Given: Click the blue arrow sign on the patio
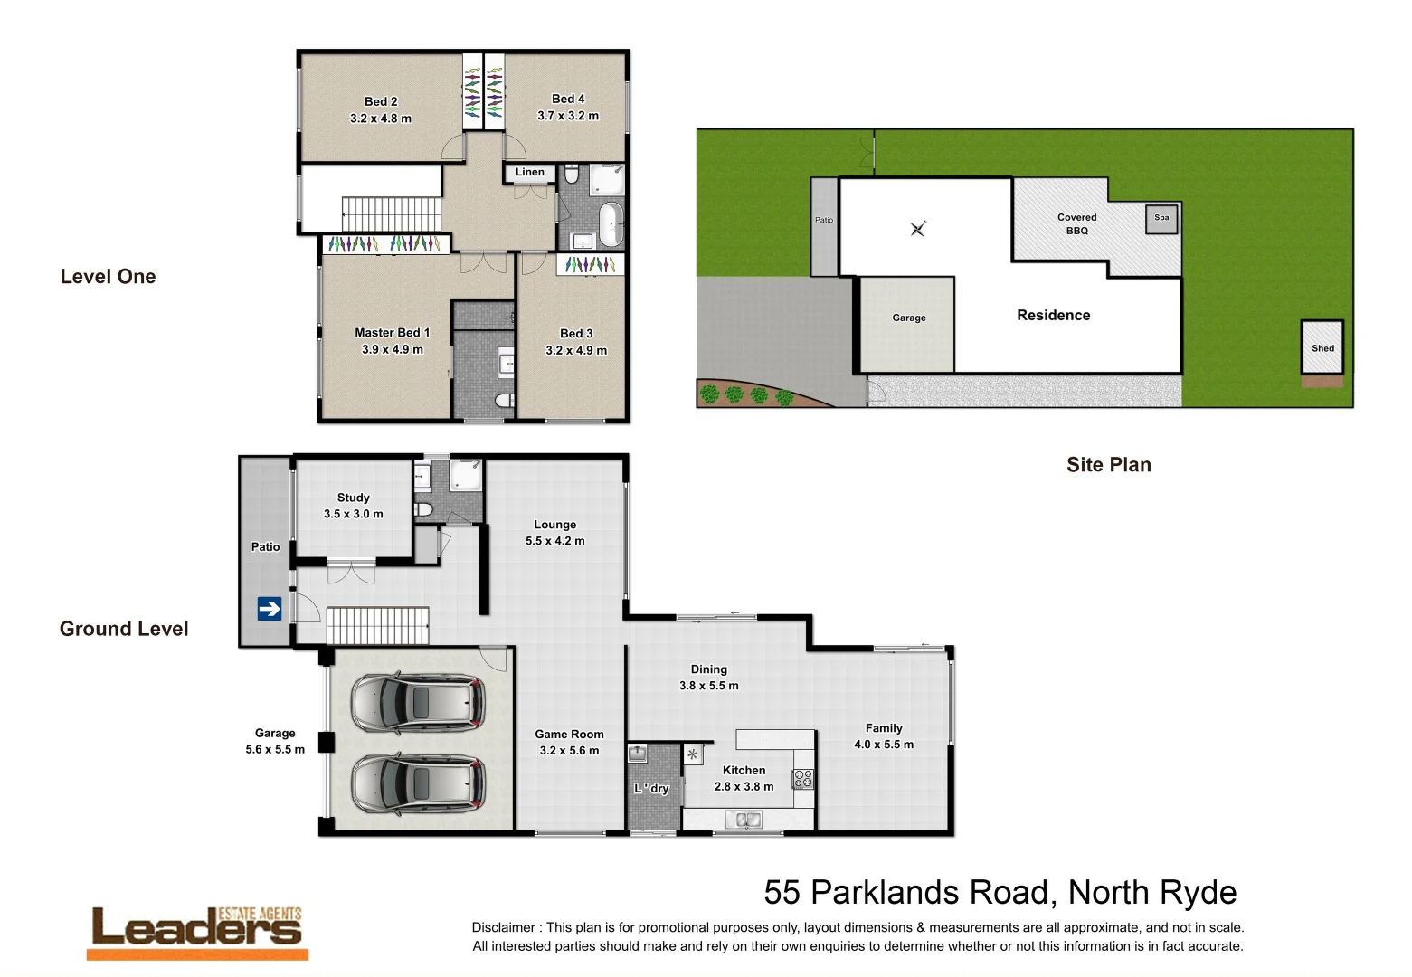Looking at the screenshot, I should (270, 609).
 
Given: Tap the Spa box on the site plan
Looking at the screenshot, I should (1161, 219).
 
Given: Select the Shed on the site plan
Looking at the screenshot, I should (1322, 347).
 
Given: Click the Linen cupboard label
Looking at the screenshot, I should (530, 172).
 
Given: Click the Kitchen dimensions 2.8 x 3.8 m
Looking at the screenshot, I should (744, 787).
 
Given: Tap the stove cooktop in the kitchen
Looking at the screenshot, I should (803, 779).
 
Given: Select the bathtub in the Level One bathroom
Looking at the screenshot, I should (611, 224).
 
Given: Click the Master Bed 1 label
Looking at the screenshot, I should (392, 333).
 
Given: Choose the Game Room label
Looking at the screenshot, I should (569, 735).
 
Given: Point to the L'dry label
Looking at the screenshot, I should (651, 789).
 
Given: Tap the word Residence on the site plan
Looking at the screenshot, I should (1053, 316).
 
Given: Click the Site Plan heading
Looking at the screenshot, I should (1108, 465).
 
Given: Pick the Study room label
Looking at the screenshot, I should (353, 498).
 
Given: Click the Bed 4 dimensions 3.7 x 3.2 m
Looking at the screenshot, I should (568, 116).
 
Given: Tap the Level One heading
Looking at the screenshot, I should (108, 277).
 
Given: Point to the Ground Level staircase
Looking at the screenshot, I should (377, 625).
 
